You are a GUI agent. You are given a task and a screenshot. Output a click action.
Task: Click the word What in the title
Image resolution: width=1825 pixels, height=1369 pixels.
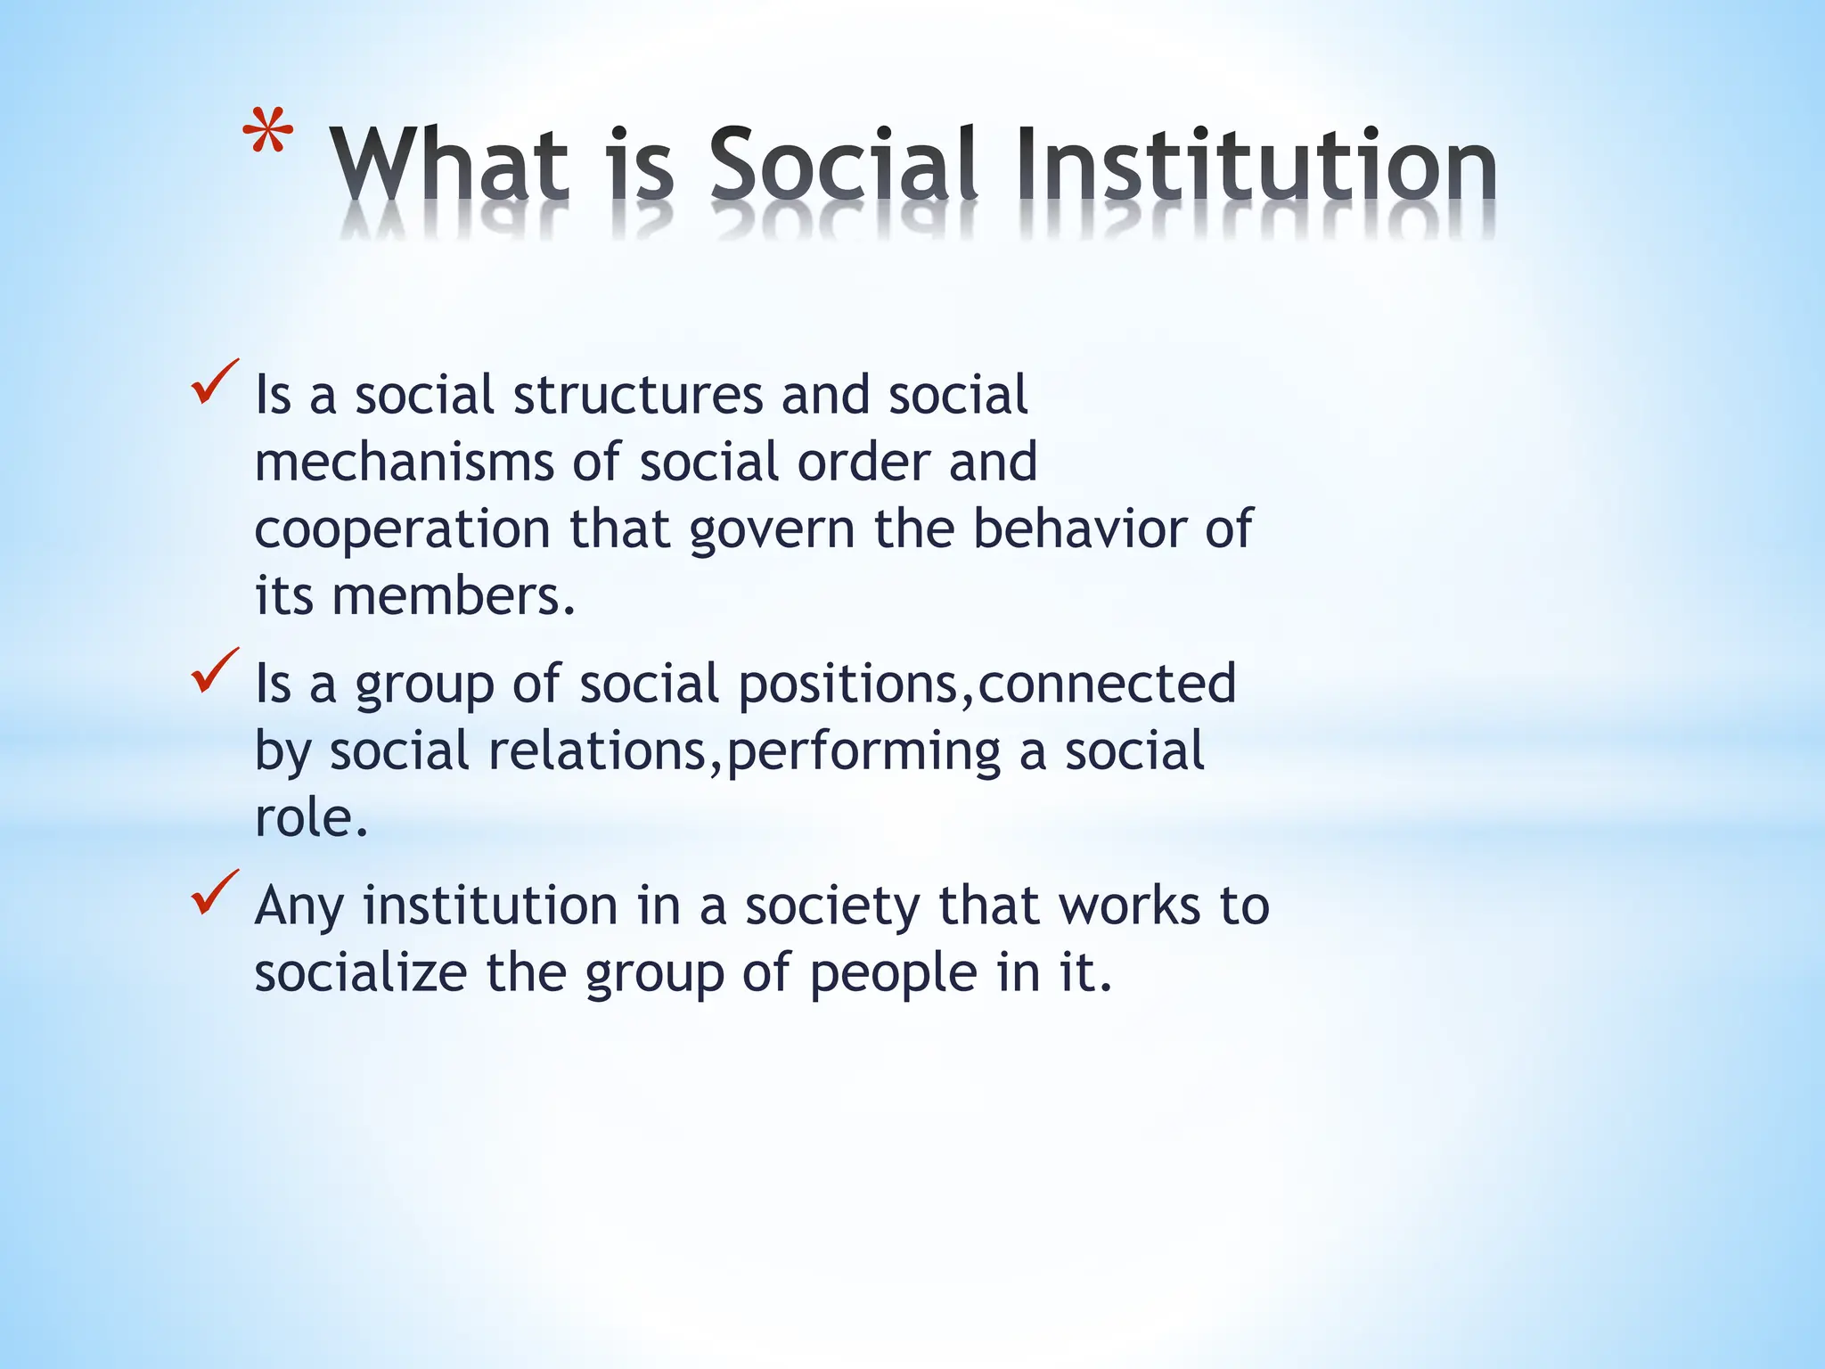[x=450, y=166]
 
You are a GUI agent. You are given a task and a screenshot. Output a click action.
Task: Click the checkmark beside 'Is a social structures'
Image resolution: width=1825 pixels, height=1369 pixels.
[x=214, y=382]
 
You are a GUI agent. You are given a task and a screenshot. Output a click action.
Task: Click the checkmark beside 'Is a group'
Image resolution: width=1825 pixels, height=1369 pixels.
[x=214, y=671]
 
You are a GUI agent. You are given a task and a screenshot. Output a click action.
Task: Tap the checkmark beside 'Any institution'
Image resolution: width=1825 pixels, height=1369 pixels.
[x=214, y=892]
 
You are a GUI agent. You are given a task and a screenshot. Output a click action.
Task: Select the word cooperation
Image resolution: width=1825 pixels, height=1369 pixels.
[x=402, y=529]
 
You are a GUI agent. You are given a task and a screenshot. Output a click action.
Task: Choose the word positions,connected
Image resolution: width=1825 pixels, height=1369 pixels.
[x=987, y=684]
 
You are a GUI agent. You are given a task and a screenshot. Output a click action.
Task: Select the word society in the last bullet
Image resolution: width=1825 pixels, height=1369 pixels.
[x=831, y=906]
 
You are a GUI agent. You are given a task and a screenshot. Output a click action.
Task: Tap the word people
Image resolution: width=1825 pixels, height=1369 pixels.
[x=894, y=973]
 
